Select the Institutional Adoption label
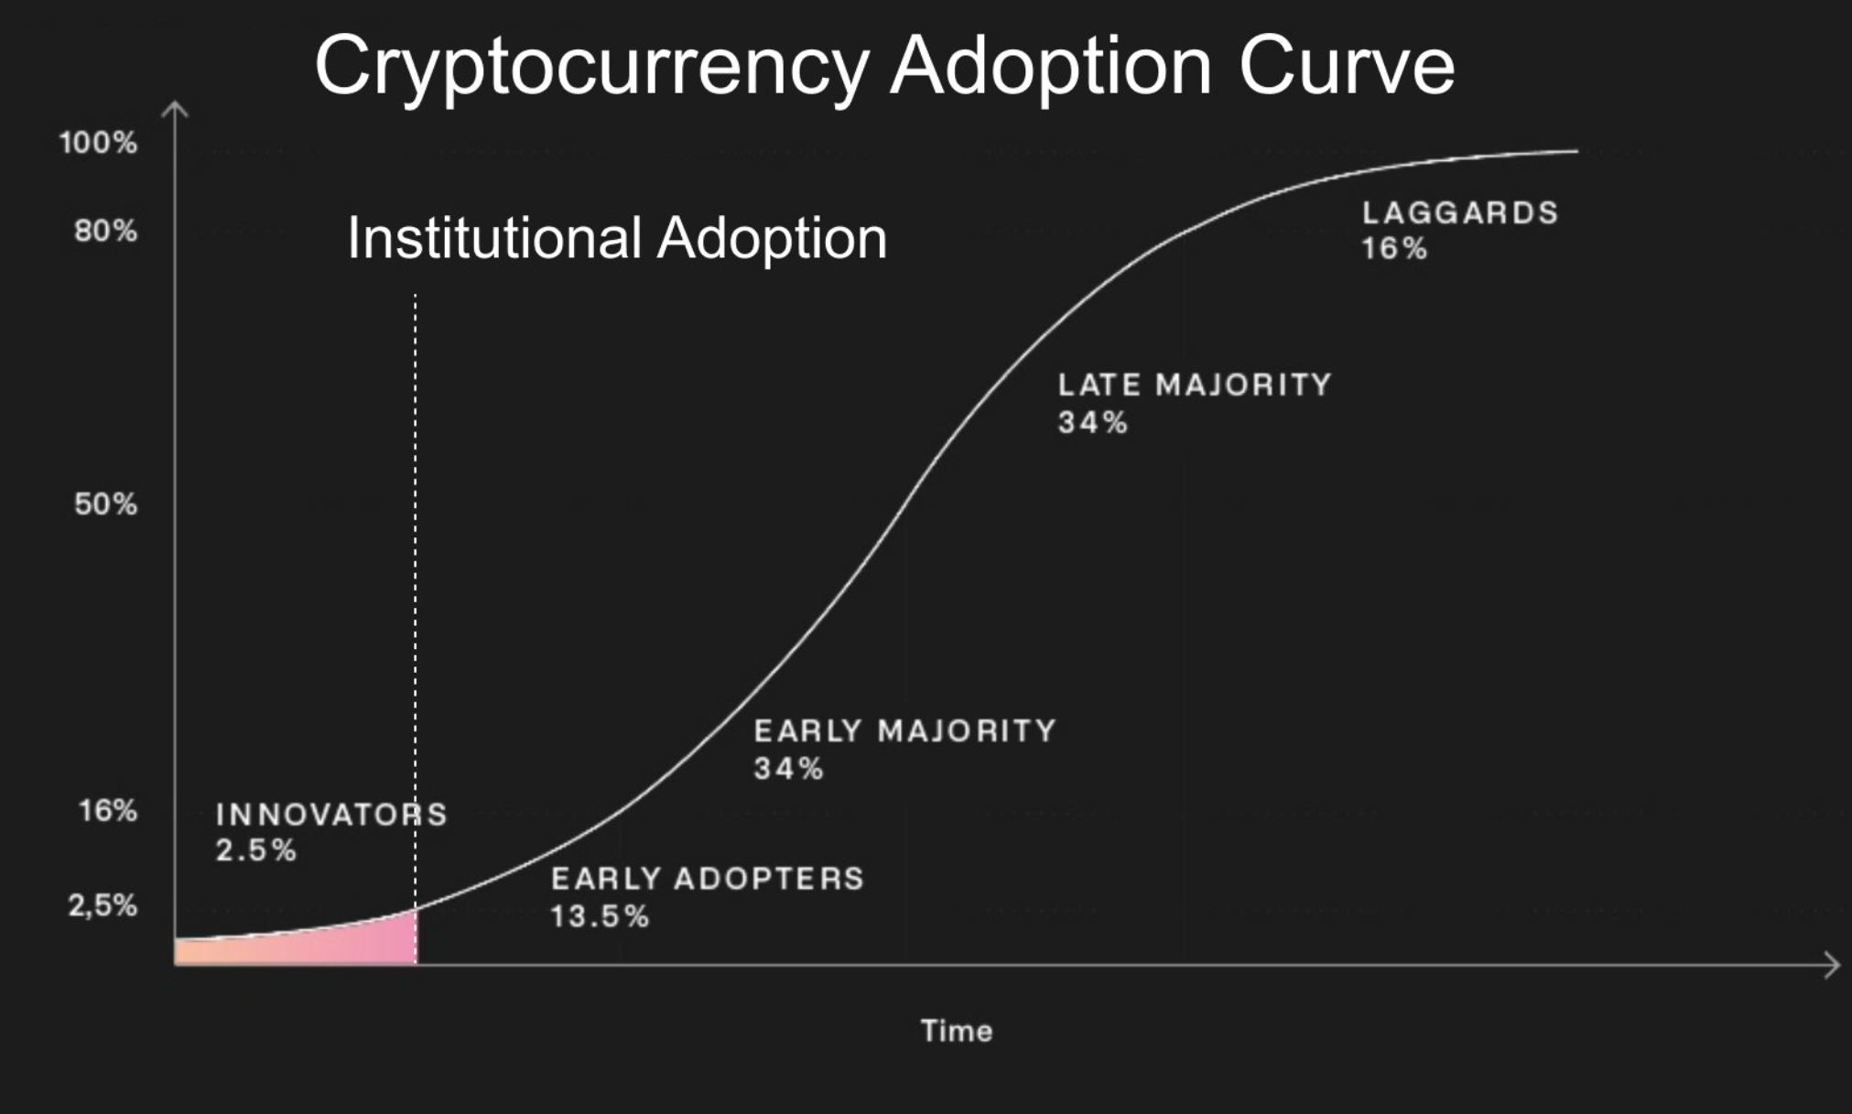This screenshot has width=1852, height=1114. point(617,238)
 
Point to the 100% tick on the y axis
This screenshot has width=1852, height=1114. point(98,143)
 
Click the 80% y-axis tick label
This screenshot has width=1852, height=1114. point(105,231)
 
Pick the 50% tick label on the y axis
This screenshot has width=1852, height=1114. point(105,504)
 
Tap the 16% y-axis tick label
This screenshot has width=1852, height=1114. point(107,811)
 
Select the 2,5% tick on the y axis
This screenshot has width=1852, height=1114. point(103,906)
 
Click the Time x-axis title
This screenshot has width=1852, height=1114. point(957,1032)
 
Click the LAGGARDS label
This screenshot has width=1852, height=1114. point(1459,213)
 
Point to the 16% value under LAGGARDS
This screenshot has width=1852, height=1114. point(1393,249)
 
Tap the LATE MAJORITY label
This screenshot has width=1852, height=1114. point(1195,385)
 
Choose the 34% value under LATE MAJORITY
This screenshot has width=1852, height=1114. point(1092,423)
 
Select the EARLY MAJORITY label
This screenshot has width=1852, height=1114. point(904,731)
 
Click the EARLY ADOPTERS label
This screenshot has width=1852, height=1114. point(707,880)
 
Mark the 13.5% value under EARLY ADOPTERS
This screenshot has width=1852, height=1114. point(600,916)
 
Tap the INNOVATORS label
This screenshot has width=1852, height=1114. point(331,815)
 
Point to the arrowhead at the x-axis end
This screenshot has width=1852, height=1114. point(1832,965)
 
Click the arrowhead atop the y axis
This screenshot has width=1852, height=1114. point(175,110)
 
